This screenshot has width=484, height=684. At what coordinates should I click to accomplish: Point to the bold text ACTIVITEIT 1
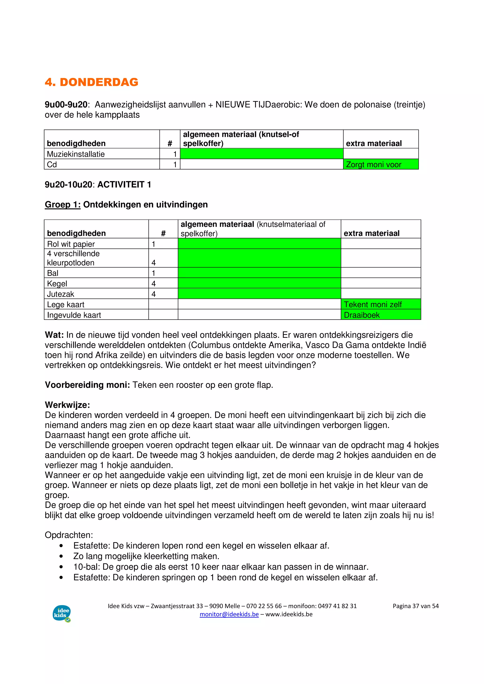[124, 185]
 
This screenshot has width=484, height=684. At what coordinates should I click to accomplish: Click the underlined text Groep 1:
[63, 205]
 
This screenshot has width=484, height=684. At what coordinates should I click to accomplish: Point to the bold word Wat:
[54, 335]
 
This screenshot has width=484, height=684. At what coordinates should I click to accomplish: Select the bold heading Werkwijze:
[67, 405]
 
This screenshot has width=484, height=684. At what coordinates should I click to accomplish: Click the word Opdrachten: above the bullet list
[69, 535]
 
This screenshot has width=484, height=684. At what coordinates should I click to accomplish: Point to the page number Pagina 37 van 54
[415, 606]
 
